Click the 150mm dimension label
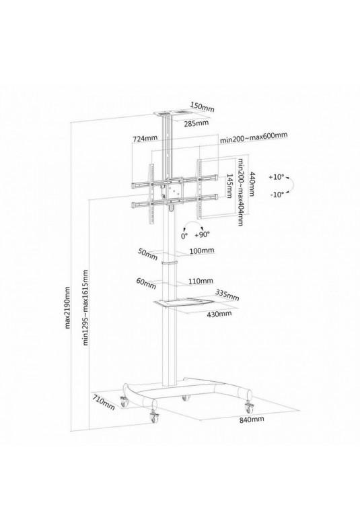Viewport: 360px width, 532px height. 202,106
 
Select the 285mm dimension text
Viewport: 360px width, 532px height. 196,123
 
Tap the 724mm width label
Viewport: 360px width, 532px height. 145,139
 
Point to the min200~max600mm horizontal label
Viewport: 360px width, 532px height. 254,137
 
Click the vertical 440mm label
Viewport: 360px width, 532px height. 252,184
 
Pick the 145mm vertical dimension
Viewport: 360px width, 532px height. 229,186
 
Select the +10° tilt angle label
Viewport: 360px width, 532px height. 277,177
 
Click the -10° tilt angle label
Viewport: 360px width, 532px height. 277,195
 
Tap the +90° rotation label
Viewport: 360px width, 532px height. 203,234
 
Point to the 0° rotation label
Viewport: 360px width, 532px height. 184,236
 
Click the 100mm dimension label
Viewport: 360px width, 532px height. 202,251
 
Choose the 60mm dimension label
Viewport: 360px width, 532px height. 146,283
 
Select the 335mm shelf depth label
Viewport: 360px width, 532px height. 227,295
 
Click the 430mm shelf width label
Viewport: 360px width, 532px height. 219,313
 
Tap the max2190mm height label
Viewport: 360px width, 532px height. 67,308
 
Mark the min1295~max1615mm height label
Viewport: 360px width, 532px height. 85,307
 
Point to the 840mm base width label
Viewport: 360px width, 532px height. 252,419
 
